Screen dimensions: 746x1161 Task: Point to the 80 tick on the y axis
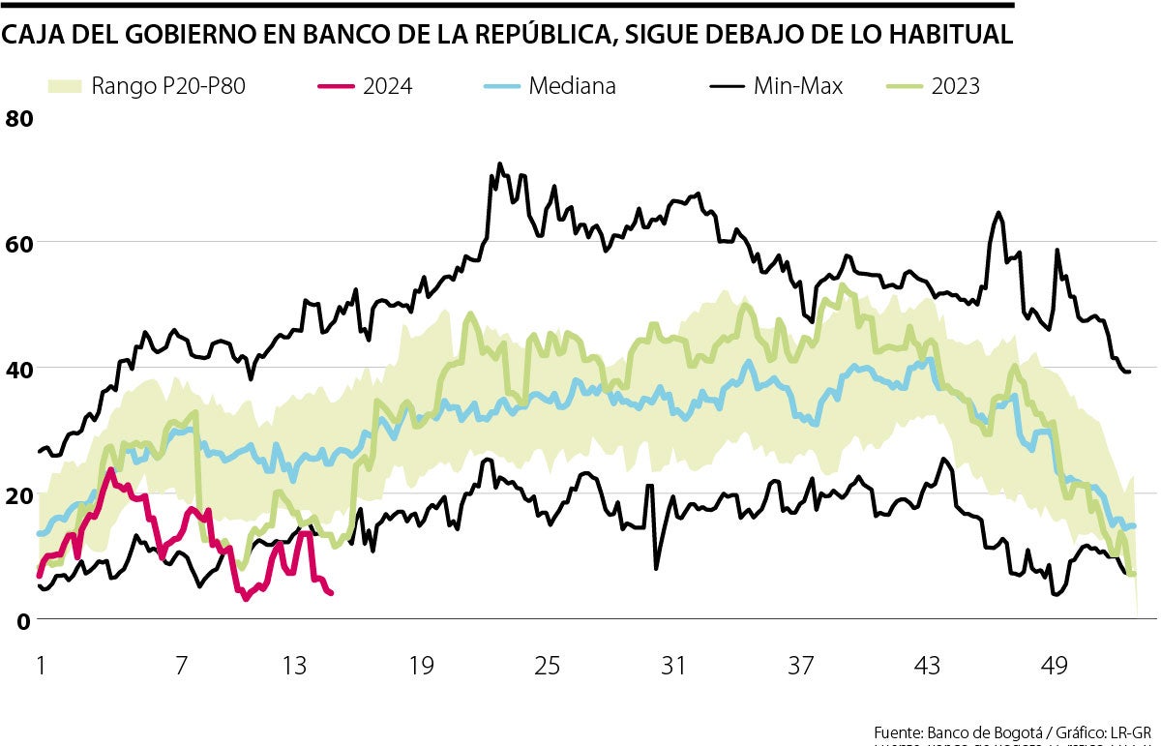(x=19, y=119)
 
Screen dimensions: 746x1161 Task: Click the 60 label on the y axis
(x=19, y=243)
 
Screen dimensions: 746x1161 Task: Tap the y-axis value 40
(x=19, y=369)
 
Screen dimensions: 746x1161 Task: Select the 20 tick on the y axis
(x=19, y=494)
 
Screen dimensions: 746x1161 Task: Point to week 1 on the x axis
(x=41, y=667)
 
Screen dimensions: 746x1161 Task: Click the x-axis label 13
(x=294, y=667)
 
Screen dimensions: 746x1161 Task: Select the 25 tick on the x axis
(x=548, y=667)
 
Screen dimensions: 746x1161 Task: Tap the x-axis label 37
(x=801, y=667)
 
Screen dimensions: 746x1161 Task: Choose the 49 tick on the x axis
(x=1055, y=667)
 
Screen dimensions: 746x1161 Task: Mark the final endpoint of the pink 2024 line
(x=332, y=593)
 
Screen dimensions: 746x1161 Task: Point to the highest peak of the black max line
(x=499, y=164)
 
